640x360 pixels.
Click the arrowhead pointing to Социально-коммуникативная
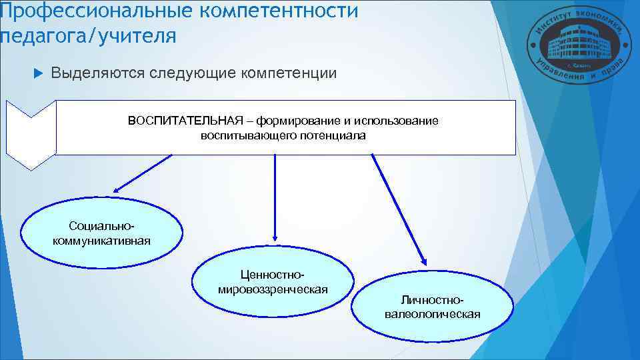[117, 191]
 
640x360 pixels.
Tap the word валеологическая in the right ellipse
[432, 315]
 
